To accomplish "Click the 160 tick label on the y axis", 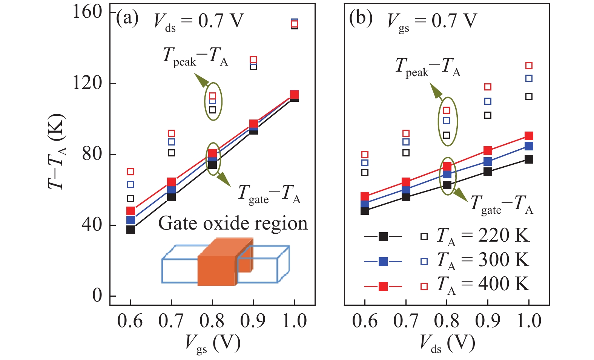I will click(87, 12).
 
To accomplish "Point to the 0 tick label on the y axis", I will click(97, 296).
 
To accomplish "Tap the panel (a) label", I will click(127, 18).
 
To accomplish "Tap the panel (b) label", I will click(361, 18).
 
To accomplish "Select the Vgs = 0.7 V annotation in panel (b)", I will click(432, 22).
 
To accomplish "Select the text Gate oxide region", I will click(233, 224).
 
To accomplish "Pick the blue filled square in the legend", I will click(383, 261).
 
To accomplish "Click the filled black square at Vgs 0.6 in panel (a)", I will click(130, 230).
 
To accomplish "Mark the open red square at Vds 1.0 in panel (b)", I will click(529, 66).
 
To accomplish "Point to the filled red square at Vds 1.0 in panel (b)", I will click(529, 136).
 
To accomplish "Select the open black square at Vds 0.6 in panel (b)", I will click(365, 172).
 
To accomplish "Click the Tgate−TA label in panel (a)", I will click(269, 194).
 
